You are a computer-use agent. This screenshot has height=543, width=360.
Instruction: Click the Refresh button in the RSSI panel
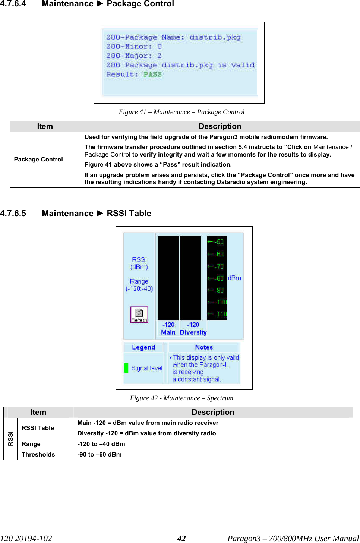(139, 315)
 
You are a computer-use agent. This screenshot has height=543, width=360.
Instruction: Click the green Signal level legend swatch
(126, 368)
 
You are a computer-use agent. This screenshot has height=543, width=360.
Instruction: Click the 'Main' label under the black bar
(168, 332)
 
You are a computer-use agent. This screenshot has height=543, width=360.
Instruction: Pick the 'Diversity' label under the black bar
(193, 332)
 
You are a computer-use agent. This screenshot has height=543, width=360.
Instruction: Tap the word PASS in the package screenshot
(153, 74)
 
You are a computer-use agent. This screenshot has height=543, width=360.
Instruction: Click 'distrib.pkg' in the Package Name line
(215, 37)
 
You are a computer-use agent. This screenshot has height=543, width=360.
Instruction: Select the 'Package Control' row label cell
(38, 160)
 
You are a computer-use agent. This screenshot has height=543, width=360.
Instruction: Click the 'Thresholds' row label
(38, 454)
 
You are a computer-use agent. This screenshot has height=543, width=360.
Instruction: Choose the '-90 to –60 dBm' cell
(100, 454)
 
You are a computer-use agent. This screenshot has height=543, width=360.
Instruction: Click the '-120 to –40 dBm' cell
(101, 444)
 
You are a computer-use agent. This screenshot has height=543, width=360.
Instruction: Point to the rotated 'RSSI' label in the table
(10, 439)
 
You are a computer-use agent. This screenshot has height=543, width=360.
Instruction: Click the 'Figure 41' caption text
(181, 112)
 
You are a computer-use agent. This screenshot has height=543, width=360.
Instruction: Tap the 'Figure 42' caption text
(181, 398)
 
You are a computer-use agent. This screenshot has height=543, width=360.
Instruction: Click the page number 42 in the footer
(181, 538)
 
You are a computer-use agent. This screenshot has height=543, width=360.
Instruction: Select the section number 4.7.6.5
(13, 214)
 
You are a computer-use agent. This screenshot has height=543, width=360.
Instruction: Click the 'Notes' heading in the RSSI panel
(204, 347)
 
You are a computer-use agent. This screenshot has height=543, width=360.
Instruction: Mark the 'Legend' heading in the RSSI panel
(143, 347)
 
